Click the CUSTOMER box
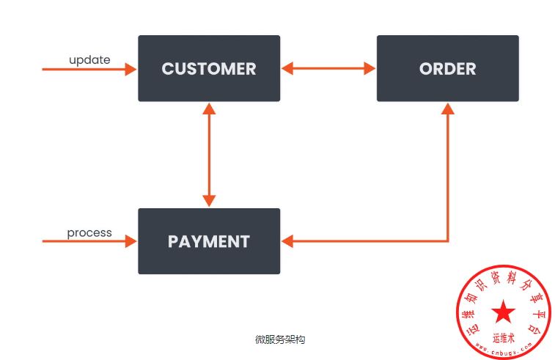(x=209, y=68)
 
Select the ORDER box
(x=447, y=68)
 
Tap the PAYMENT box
(x=209, y=241)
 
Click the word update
(x=89, y=59)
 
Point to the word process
(x=89, y=232)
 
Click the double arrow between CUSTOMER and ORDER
(x=328, y=69)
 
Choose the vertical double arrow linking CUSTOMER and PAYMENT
(x=210, y=155)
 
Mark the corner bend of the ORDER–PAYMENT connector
(x=448, y=240)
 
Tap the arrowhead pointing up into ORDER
(x=448, y=109)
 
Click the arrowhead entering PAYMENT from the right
(x=287, y=240)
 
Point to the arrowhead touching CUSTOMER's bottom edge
(x=210, y=109)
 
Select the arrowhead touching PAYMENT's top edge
(x=210, y=201)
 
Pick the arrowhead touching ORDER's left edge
(x=370, y=69)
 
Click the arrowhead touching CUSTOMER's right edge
(x=287, y=69)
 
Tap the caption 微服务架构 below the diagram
(x=279, y=339)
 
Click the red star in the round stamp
(x=503, y=312)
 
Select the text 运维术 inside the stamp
(x=504, y=338)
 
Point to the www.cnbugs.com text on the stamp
(x=504, y=350)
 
